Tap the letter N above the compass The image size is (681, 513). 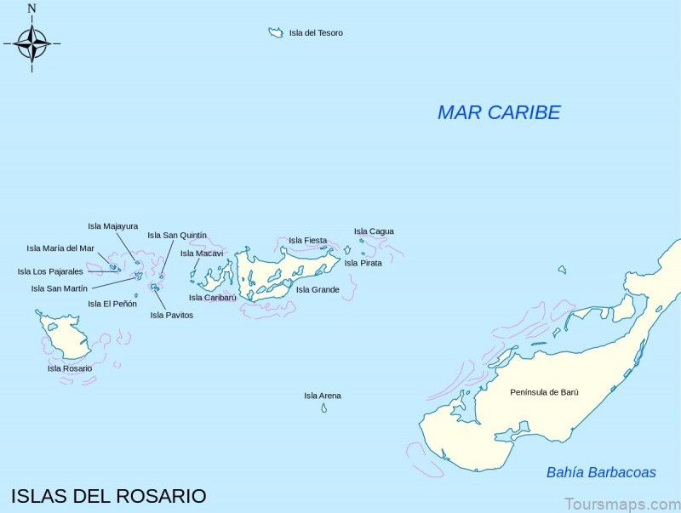[x=31, y=9]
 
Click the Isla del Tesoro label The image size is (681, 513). [x=316, y=33]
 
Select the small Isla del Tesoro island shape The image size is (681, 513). [x=276, y=32]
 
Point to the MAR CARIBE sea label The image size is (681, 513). [x=499, y=112]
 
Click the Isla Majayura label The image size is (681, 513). [x=112, y=226]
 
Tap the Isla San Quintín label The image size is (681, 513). [x=177, y=236]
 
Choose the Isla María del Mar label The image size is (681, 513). [x=60, y=248]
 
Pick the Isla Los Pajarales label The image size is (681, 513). [x=50, y=271]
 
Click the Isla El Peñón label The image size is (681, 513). [x=112, y=304]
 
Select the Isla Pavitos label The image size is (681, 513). [x=172, y=315]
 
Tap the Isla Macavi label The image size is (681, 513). [x=202, y=254]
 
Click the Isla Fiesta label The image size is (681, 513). [x=307, y=241]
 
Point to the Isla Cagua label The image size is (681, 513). [x=374, y=231]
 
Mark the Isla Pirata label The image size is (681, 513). [x=363, y=263]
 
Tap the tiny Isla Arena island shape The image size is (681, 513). [x=323, y=408]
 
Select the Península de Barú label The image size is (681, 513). [x=544, y=392]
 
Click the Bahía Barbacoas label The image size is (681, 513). [x=601, y=472]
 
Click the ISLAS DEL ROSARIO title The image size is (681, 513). [x=108, y=496]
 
